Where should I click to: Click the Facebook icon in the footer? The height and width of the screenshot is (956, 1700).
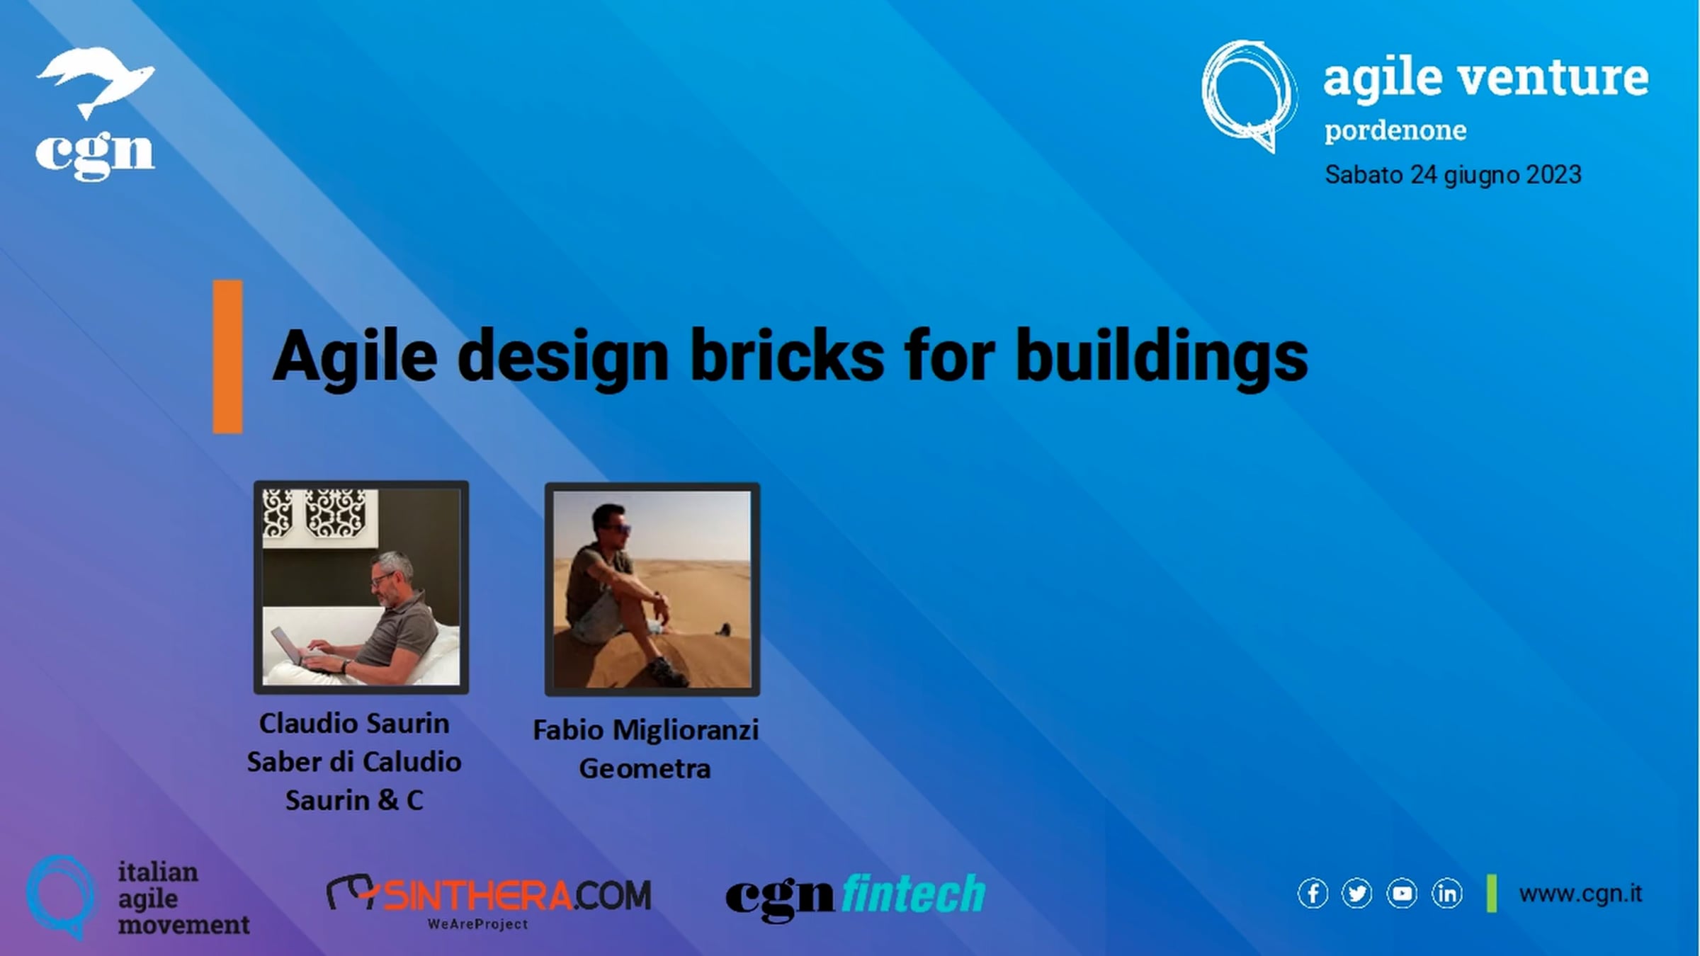pyautogui.click(x=1313, y=894)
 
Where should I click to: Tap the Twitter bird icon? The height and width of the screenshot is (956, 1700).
pyautogui.click(x=1356, y=894)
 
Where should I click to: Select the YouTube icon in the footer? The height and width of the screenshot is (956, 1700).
pyautogui.click(x=1402, y=894)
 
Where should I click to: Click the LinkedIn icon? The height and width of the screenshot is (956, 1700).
pyautogui.click(x=1446, y=894)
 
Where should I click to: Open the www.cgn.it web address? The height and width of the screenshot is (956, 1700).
pyautogui.click(x=1580, y=894)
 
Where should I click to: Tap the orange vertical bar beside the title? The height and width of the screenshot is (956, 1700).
pyautogui.click(x=227, y=356)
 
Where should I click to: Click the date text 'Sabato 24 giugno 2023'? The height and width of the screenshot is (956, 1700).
pyautogui.click(x=1453, y=175)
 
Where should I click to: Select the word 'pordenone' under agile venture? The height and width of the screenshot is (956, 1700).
pyautogui.click(x=1395, y=131)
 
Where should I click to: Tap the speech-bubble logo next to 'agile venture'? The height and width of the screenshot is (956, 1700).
pyautogui.click(x=1249, y=96)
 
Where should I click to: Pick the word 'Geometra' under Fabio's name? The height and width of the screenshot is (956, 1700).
pyautogui.click(x=645, y=769)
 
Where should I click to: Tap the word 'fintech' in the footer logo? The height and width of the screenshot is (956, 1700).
pyautogui.click(x=914, y=894)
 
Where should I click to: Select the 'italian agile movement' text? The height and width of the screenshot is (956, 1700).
pyautogui.click(x=183, y=898)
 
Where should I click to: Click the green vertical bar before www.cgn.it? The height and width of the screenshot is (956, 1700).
pyautogui.click(x=1492, y=894)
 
